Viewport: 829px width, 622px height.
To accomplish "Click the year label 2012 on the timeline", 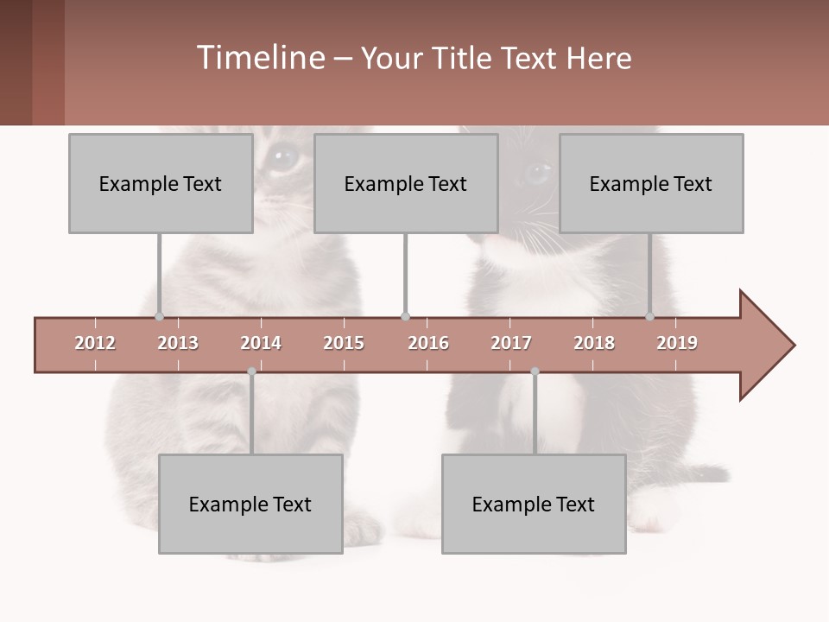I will (x=95, y=343).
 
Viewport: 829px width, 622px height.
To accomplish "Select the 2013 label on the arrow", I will (x=178, y=343).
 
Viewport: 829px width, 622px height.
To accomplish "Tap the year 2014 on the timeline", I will (x=261, y=343).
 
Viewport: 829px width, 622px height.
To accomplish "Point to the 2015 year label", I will (x=344, y=343).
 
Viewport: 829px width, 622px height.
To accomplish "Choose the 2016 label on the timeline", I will (x=428, y=343).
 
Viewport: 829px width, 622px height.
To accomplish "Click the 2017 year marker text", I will (x=511, y=343).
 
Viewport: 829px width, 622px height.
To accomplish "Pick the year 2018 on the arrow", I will (x=594, y=343).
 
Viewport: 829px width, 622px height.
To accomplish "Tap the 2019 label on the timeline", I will (x=677, y=343).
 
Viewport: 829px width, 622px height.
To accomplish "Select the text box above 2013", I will (x=161, y=183).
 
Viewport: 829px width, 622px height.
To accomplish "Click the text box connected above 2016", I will (x=406, y=183).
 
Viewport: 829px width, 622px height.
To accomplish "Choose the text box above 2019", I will (x=651, y=183).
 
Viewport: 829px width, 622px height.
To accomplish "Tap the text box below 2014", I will (x=250, y=504).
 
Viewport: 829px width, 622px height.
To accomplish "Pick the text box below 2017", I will (x=534, y=504).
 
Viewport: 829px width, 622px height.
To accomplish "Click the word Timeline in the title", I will (x=259, y=58).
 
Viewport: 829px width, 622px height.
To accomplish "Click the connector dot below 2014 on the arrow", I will (x=251, y=371).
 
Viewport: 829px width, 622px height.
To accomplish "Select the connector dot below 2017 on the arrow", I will (x=535, y=371).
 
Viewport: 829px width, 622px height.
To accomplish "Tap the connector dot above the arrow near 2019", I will (x=650, y=317).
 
